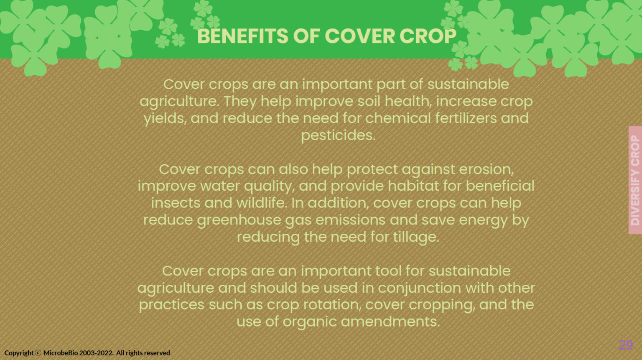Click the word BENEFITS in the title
[x=242, y=36]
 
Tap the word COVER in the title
[x=360, y=36]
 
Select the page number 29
[x=626, y=345]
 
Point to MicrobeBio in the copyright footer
[x=61, y=353]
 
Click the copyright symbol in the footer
[x=38, y=353]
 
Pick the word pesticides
[x=338, y=135]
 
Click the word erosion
[x=486, y=169]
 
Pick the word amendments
[x=390, y=322]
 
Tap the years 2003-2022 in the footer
[x=96, y=353]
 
